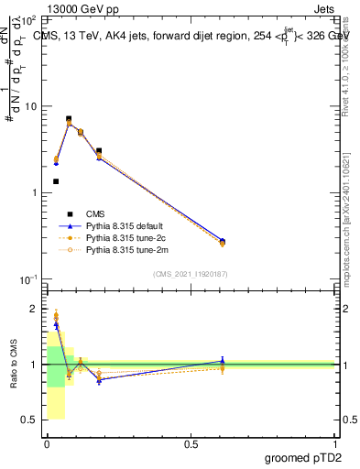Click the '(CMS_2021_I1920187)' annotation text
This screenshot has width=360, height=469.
click(191, 273)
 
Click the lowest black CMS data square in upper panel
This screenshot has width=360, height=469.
click(56, 181)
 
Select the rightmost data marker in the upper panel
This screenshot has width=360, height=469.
click(223, 242)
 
